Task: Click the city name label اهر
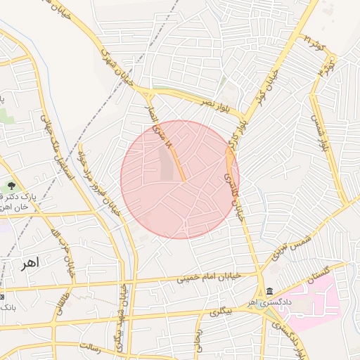tap(30, 263)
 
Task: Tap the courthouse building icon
tap(270, 292)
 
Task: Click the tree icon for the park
tap(11, 186)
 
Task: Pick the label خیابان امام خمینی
tap(208, 277)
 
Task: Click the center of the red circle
tap(180, 179)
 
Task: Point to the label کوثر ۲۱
tap(314, 44)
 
